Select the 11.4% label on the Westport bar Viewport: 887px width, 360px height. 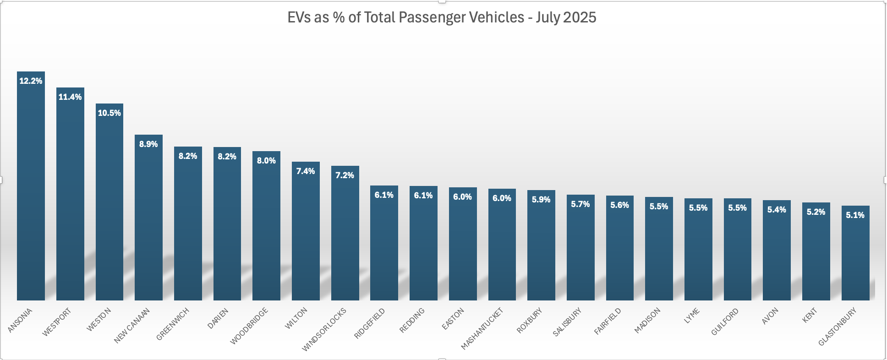[70, 97]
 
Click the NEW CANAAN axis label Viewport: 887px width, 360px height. [132, 326]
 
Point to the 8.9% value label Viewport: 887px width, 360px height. [148, 144]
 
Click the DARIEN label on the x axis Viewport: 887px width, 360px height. [218, 318]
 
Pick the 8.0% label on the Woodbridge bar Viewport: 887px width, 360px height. [266, 161]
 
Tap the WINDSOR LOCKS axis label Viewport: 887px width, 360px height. [324, 330]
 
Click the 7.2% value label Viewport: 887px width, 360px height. [345, 175]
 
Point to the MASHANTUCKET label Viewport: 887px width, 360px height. [482, 329]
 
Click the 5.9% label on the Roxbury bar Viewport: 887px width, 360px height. [541, 200]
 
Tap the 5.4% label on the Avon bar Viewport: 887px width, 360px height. [777, 210]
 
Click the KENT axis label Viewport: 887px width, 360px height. [810, 316]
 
